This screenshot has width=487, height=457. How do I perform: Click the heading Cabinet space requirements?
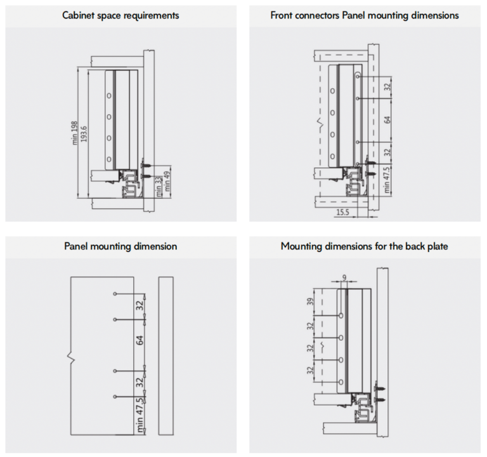click(120, 15)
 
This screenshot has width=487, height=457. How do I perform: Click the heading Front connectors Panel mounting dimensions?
click(365, 15)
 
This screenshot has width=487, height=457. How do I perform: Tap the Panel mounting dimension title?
click(120, 246)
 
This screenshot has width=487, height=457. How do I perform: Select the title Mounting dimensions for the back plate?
click(365, 246)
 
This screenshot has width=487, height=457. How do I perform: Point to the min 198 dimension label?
click(75, 133)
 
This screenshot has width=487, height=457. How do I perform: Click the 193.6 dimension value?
click(84, 134)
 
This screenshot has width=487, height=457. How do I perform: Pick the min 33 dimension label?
click(159, 187)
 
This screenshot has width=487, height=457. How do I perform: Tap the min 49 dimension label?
click(167, 181)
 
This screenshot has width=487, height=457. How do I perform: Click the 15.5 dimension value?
click(343, 212)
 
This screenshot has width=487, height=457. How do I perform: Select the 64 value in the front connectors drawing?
click(387, 120)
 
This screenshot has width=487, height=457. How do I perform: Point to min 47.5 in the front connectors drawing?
click(387, 180)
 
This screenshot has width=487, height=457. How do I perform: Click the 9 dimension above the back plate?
click(344, 277)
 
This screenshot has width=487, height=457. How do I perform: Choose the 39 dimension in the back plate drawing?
click(310, 301)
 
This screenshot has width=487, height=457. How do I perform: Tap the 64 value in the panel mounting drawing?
click(140, 340)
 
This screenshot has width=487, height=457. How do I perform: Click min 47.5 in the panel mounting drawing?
click(140, 415)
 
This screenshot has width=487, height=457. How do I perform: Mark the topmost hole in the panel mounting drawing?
click(115, 294)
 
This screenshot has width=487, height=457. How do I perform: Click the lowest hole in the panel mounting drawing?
click(115, 397)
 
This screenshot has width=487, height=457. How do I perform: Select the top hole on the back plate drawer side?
click(341, 315)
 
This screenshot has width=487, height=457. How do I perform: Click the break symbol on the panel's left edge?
click(72, 358)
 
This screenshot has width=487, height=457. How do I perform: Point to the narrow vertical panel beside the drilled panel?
click(166, 355)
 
